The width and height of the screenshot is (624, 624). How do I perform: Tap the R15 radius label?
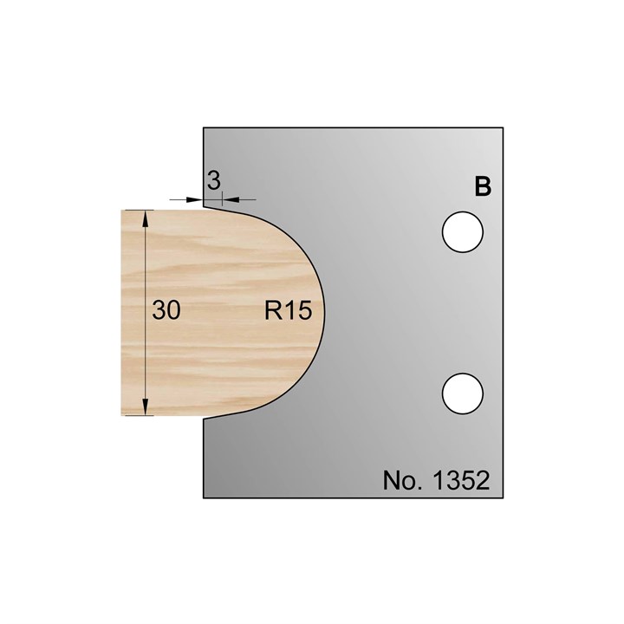click(288, 310)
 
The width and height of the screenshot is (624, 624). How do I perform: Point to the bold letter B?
click(483, 186)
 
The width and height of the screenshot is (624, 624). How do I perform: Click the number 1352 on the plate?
click(458, 480)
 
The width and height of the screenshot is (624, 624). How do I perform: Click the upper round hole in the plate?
click(462, 234)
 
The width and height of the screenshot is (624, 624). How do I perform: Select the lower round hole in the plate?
click(462, 393)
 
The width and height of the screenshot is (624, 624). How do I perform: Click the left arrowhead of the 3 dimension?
click(198, 199)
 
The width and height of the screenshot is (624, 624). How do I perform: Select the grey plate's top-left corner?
click(204, 127)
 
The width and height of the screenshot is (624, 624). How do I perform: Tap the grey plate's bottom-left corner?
click(204, 498)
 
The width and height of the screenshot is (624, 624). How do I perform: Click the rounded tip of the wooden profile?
click(324, 311)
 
